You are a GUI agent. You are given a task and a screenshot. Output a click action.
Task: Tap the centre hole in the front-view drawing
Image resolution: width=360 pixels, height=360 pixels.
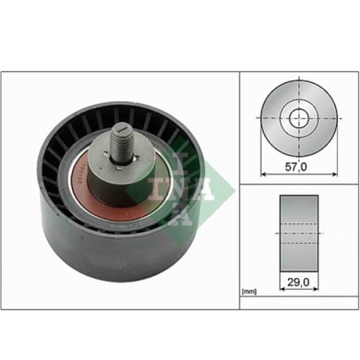(297, 118)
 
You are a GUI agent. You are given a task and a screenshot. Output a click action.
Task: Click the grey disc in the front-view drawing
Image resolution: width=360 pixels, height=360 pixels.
(277, 129)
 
